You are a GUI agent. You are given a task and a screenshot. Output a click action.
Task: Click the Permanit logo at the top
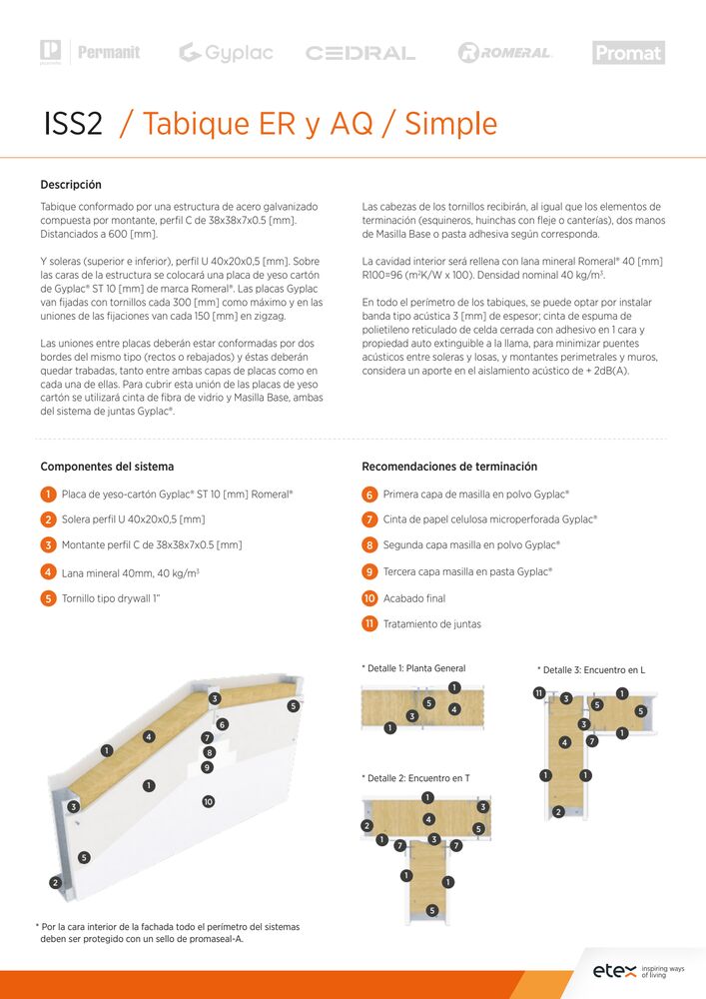[108, 52]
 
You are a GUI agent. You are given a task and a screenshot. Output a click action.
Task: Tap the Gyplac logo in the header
[226, 53]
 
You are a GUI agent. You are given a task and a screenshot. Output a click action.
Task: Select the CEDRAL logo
[359, 53]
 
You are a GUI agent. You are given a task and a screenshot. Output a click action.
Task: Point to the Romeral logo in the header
[504, 53]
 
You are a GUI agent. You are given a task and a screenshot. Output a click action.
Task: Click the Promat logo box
[628, 53]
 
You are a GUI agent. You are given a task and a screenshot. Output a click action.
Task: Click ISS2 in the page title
[73, 124]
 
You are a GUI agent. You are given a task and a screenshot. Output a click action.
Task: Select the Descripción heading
[71, 185]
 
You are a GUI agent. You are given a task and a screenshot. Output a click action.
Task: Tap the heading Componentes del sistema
[107, 467]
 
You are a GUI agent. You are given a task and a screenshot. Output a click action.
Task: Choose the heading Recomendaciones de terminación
[449, 467]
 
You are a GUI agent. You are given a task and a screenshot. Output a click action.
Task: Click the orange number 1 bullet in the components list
[48, 495]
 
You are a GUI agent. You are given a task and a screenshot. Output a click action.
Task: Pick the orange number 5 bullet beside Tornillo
[48, 598]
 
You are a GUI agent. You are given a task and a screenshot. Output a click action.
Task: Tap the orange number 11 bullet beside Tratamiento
[369, 624]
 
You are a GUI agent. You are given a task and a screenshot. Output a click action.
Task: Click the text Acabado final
[414, 598]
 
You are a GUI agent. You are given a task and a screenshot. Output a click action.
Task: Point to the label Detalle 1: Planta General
[413, 668]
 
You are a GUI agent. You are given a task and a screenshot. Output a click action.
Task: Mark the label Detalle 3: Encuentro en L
[591, 669]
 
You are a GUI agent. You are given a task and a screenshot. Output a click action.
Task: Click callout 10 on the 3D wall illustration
[208, 801]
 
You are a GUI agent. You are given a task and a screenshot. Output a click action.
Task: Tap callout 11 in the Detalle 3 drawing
[539, 693]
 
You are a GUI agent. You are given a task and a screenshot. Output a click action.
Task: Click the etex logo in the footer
[614, 970]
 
